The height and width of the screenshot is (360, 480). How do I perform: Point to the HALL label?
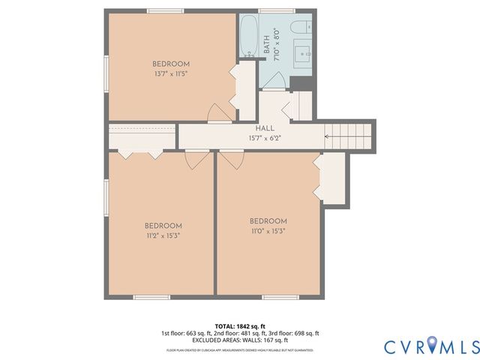click(264, 129)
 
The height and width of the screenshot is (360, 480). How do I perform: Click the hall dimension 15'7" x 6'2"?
click(264, 138)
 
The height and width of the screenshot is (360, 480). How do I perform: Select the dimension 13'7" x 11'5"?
click(171, 73)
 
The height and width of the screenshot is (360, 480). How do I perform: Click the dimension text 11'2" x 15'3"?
click(163, 235)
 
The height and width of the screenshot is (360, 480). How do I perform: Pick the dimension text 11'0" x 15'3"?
click(268, 230)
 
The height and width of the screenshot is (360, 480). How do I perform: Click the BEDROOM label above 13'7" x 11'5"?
click(171, 64)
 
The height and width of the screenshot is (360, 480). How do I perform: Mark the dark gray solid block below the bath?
click(301, 82)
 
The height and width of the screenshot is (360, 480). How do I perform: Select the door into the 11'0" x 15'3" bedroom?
click(231, 159)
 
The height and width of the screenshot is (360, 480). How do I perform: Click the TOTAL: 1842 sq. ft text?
click(239, 325)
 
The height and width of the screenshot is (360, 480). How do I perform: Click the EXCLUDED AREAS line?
click(239, 340)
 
